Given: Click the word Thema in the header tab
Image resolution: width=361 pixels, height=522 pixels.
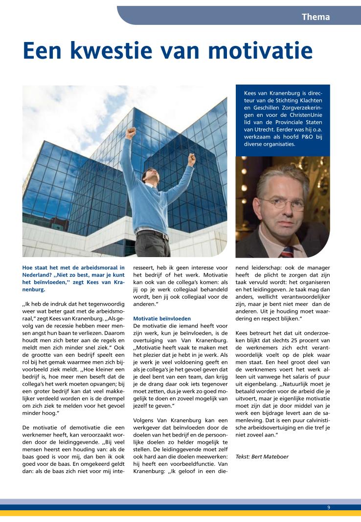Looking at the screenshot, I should (316, 17).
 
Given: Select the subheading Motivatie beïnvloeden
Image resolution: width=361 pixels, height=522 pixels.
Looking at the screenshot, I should (155, 318).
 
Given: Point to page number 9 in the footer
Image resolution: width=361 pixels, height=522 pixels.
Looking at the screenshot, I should (329, 507).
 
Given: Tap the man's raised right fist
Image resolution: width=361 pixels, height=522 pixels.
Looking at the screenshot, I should (130, 132).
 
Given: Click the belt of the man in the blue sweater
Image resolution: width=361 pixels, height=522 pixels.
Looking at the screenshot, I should (152, 234).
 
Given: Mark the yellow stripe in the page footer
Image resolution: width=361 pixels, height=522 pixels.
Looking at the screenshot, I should (180, 513).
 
